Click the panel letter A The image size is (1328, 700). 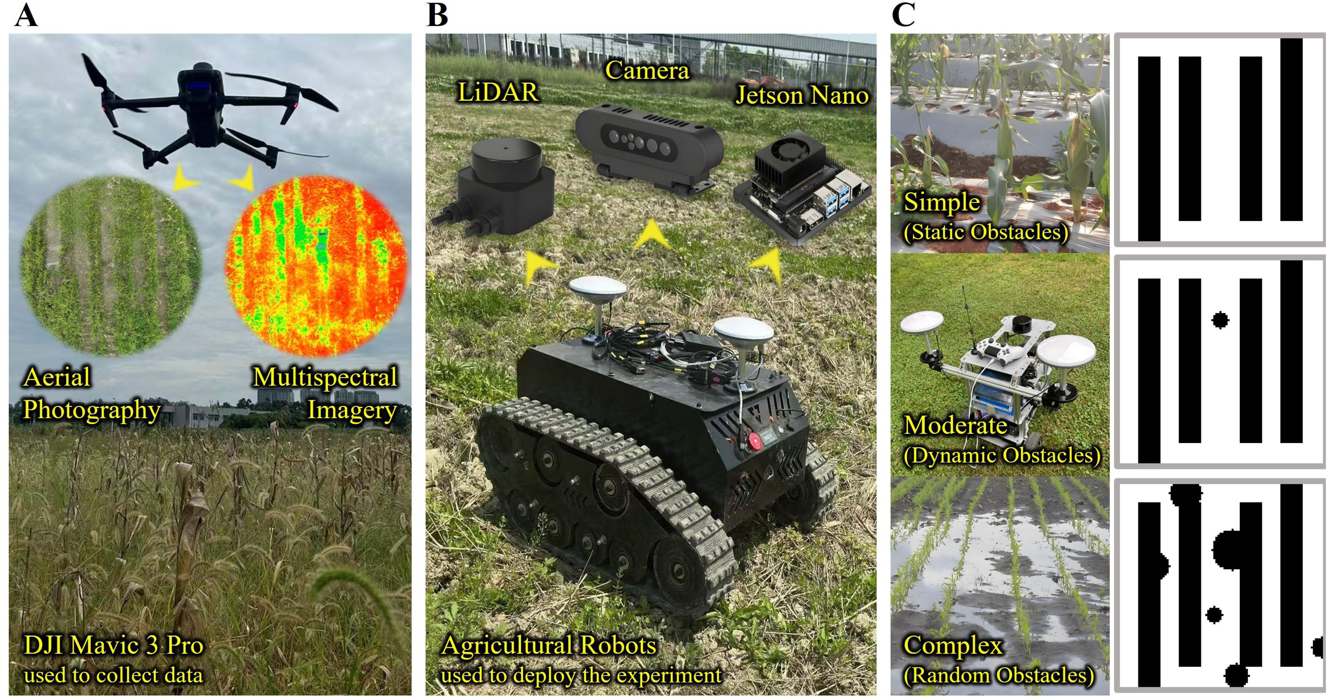pyautogui.click(x=26, y=16)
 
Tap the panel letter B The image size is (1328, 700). pyautogui.click(x=437, y=16)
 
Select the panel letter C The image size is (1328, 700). pyautogui.click(x=903, y=16)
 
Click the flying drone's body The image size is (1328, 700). pyautogui.click(x=199, y=103)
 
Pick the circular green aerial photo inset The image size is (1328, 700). pyautogui.click(x=111, y=265)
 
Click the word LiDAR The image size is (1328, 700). pyautogui.click(x=498, y=93)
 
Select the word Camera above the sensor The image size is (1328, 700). pyautogui.click(x=647, y=71)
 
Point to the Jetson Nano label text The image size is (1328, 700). pyautogui.click(x=802, y=96)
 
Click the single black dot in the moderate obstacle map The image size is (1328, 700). pyautogui.click(x=1220, y=320)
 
